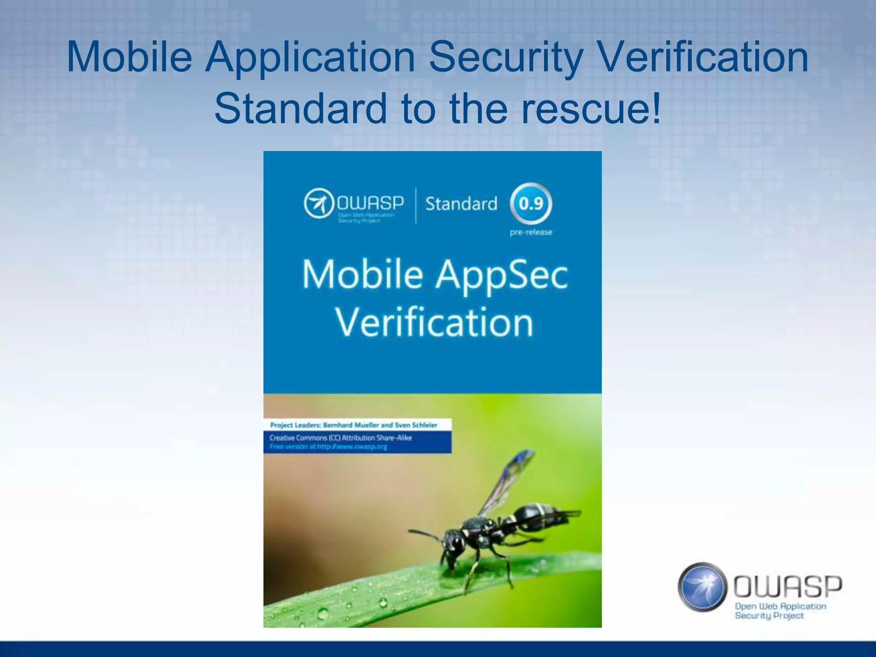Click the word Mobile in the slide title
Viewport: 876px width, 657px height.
(129, 57)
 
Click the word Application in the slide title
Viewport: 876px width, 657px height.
(311, 57)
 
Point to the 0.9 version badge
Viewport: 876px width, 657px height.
(531, 203)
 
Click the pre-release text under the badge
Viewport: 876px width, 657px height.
(531, 232)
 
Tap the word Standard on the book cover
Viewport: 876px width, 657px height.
(461, 204)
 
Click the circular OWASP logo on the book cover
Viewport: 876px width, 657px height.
(319, 203)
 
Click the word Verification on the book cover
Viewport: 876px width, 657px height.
(434, 323)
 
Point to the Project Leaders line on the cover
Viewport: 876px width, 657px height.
(354, 425)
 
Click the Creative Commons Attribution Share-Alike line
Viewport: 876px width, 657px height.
(340, 438)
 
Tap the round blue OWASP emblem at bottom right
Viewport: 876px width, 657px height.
(702, 586)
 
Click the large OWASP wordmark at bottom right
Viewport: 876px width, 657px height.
(788, 586)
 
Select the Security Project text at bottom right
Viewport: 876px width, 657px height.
(769, 616)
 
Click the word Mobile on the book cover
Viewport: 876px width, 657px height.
(363, 275)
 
